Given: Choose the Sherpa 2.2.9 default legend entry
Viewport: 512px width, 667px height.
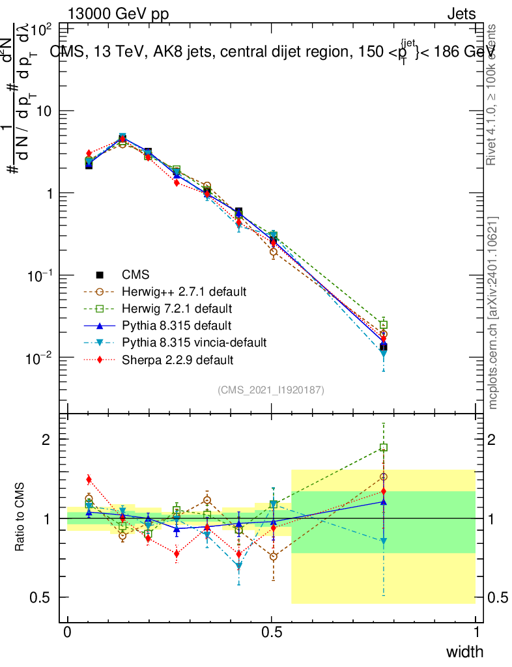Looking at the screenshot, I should click(x=175, y=359).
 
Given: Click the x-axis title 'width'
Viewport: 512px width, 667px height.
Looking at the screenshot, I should click(x=464, y=651).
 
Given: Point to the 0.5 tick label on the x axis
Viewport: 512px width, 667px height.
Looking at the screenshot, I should click(x=272, y=632).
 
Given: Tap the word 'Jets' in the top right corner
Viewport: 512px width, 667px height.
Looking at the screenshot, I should click(x=461, y=14).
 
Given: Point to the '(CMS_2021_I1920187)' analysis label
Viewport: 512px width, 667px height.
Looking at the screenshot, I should click(x=271, y=390).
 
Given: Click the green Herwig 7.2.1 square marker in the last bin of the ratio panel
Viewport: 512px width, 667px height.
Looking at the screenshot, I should click(x=384, y=447).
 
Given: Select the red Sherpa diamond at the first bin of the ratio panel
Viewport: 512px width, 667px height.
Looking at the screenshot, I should click(x=89, y=479).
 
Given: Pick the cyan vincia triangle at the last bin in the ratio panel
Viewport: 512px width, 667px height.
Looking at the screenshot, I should click(x=384, y=541).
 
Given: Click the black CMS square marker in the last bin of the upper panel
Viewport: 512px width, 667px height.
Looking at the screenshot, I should click(x=384, y=347).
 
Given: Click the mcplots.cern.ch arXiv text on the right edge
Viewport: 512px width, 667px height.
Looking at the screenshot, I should click(x=493, y=313).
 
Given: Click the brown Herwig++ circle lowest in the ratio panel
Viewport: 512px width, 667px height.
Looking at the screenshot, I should click(x=274, y=557).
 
